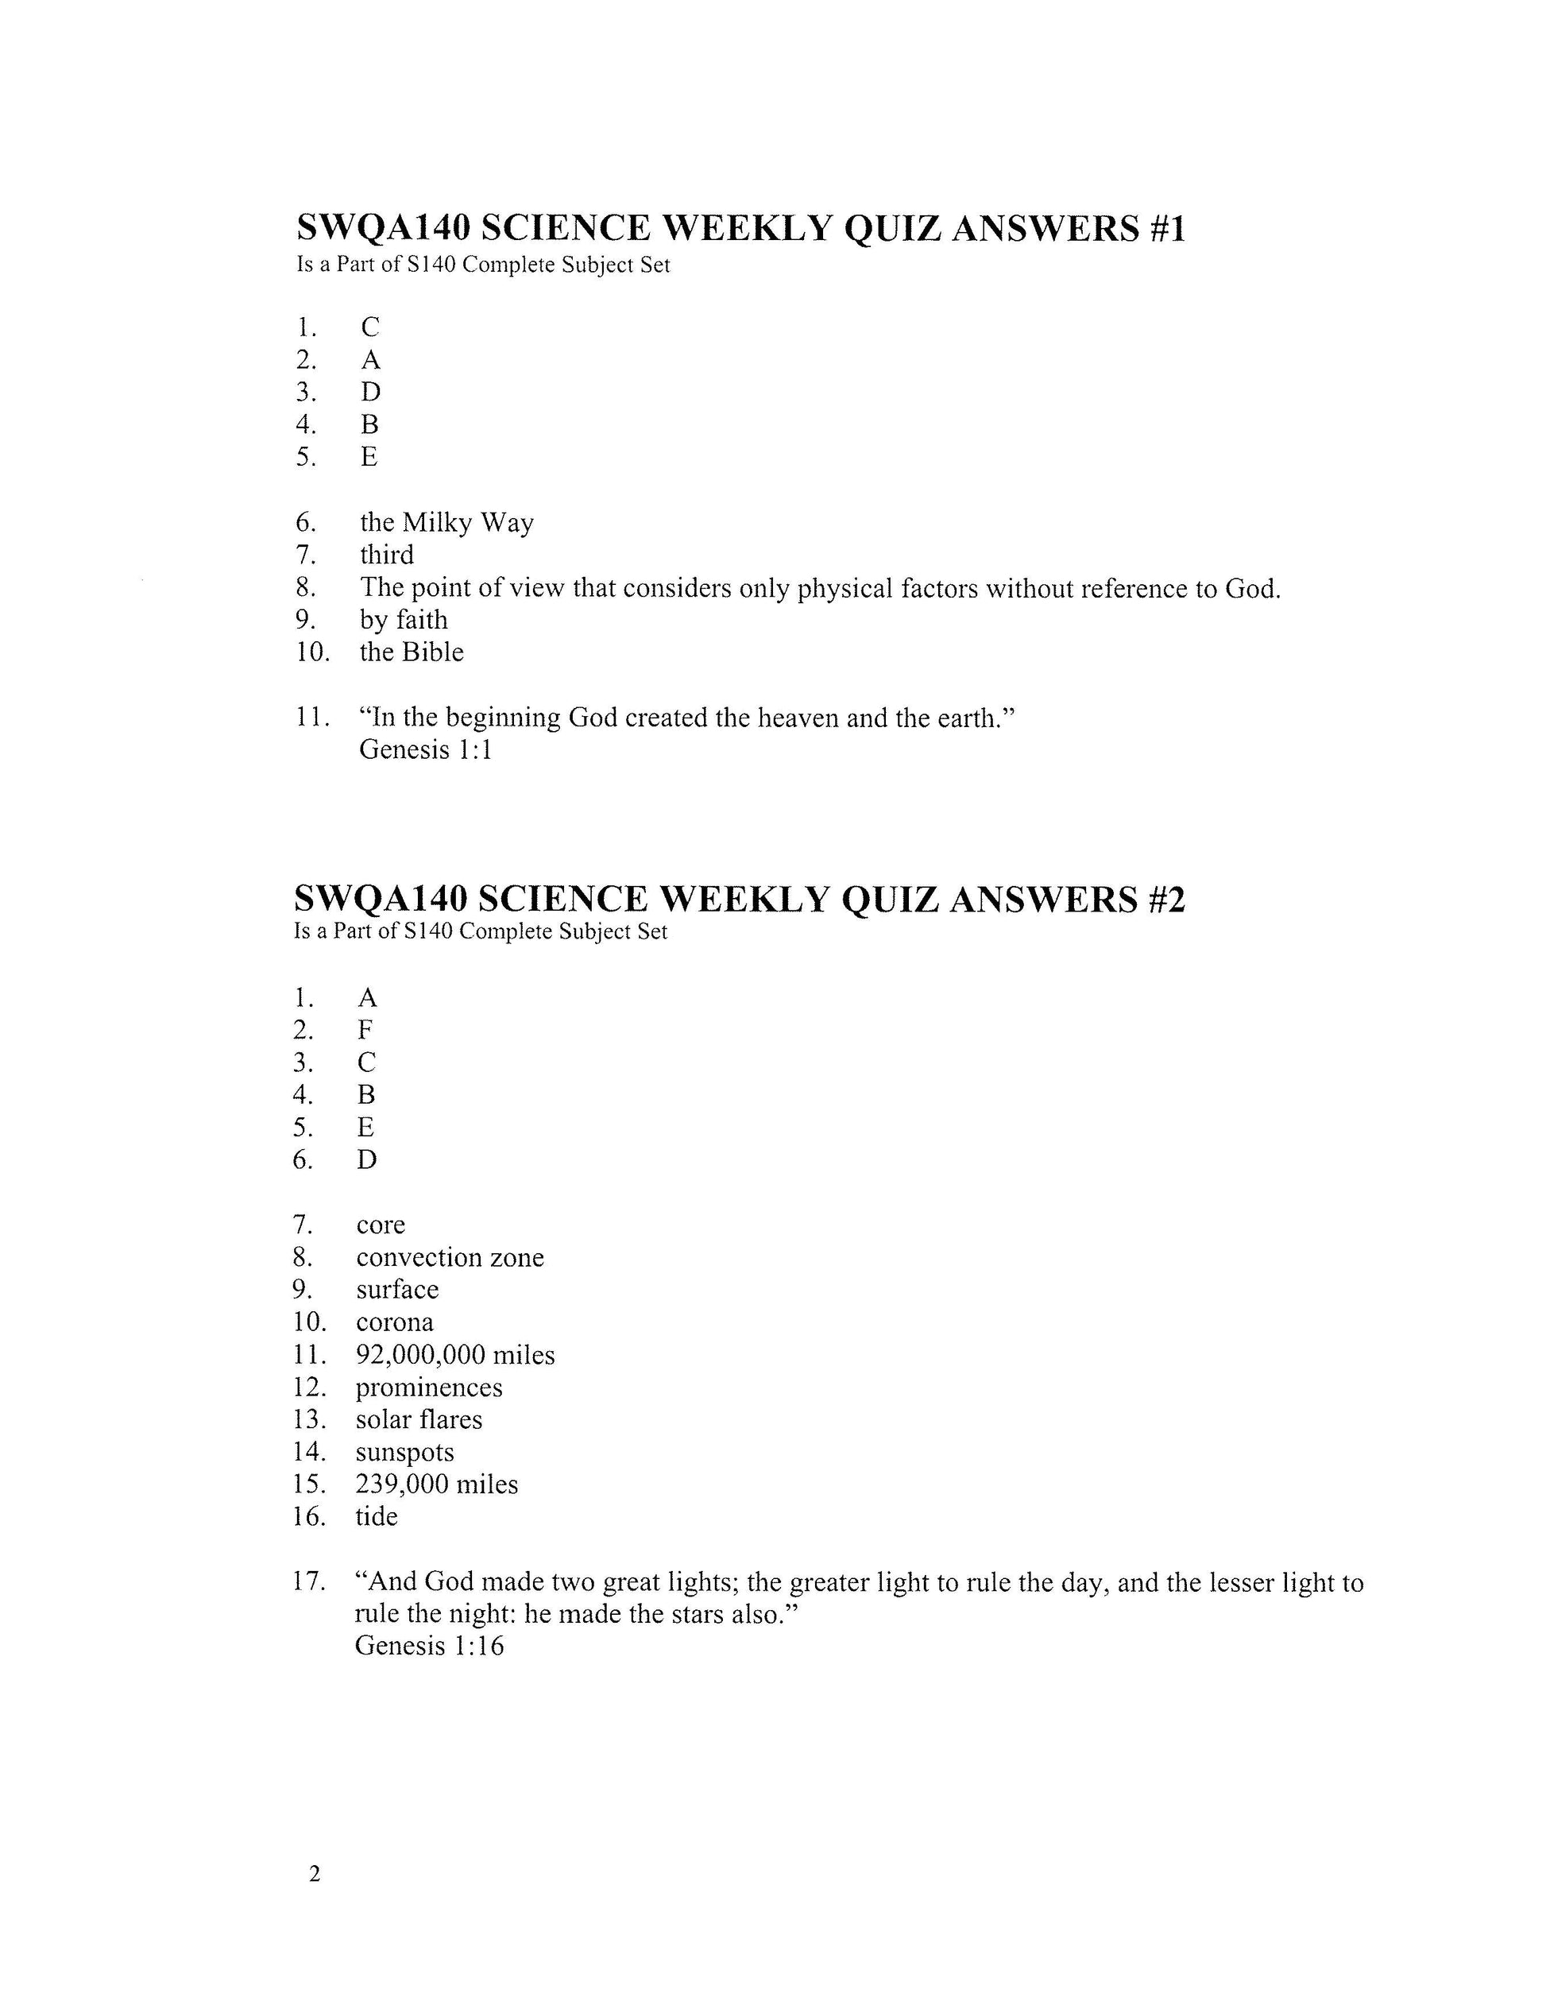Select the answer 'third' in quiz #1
[386, 555]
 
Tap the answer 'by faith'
[404, 621]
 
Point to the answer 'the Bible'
[412, 652]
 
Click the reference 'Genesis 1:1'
[425, 750]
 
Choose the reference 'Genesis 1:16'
[429, 1646]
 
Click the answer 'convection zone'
[450, 1257]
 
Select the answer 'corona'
[395, 1322]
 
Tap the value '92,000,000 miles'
[455, 1355]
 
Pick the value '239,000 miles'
[437, 1484]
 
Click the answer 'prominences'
[429, 1388]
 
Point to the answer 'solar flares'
[419, 1420]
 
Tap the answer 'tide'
[377, 1516]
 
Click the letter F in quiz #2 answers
[365, 1031]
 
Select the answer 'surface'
[397, 1290]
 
